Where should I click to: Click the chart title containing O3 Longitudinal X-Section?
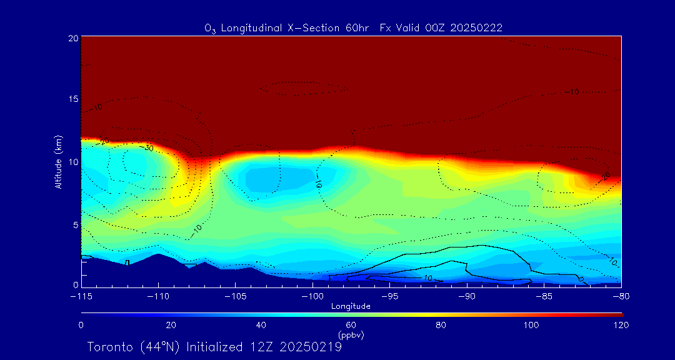pyautogui.click(x=354, y=28)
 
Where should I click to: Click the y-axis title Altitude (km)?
pyautogui.click(x=58, y=161)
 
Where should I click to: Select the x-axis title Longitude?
pyautogui.click(x=351, y=306)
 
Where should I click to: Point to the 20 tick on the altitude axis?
pyautogui.click(x=73, y=38)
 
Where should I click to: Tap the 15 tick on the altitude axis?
pyautogui.click(x=73, y=99)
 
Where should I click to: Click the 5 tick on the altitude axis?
pyautogui.click(x=75, y=224)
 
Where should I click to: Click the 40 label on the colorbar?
pyautogui.click(x=261, y=325)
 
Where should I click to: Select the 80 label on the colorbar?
pyautogui.click(x=442, y=325)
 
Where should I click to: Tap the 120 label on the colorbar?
pyautogui.click(x=621, y=325)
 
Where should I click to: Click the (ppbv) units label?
pyautogui.click(x=351, y=335)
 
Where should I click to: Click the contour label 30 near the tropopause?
pyautogui.click(x=148, y=148)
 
